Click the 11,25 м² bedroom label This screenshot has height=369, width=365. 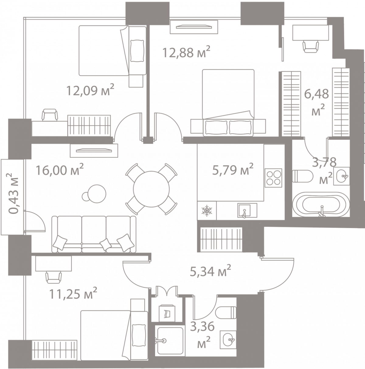73,293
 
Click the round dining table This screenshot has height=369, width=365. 151,189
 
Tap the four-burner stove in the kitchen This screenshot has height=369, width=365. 273,178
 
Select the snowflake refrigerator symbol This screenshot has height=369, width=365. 207,211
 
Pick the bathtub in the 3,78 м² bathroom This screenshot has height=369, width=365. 321,205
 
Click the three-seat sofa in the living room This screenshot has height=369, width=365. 94,234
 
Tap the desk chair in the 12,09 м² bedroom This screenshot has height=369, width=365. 50,115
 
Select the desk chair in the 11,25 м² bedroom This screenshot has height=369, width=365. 54,277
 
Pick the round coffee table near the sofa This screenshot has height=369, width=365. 97,194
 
